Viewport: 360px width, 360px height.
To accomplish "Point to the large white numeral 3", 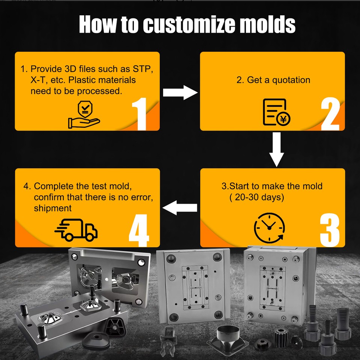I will click(x=330, y=229).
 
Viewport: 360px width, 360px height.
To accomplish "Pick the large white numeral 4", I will click(x=139, y=229).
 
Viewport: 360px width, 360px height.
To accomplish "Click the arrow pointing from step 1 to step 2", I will click(x=180, y=92).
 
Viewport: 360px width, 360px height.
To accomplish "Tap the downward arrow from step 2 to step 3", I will click(x=277, y=149).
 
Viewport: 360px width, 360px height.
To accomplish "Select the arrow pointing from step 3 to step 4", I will click(x=180, y=207).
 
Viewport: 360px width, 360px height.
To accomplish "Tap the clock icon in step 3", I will click(x=269, y=227).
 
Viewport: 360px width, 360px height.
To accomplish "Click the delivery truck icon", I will click(x=76, y=229).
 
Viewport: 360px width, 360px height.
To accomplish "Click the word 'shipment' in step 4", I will click(x=52, y=208).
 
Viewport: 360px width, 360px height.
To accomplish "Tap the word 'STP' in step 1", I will click(x=142, y=69).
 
